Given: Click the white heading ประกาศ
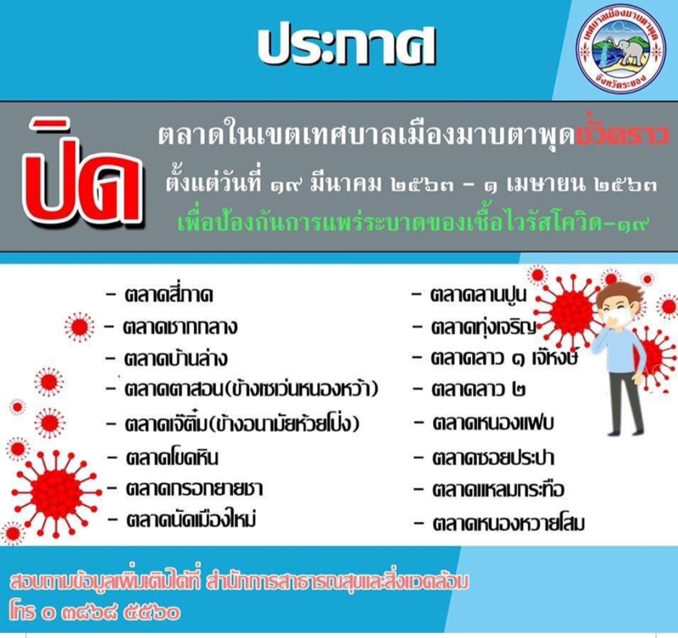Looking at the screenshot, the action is click(x=347, y=47).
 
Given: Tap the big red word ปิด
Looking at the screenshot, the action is click(x=86, y=179).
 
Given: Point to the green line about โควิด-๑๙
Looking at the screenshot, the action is click(x=414, y=223).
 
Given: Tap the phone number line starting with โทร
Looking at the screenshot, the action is click(x=94, y=613).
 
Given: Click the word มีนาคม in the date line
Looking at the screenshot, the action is click(x=347, y=185).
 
